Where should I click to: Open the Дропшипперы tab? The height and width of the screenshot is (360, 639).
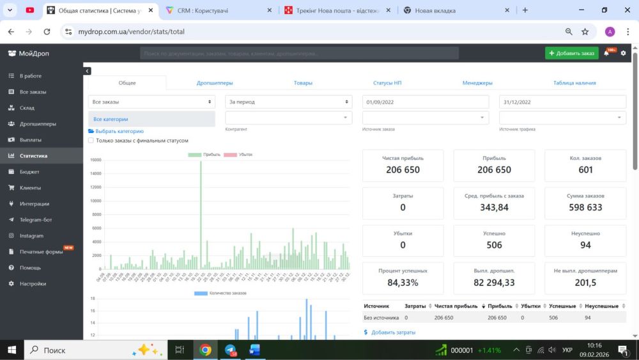click(215, 82)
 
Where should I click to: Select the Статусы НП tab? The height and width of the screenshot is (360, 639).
click(387, 82)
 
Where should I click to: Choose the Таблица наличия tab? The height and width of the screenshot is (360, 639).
click(574, 82)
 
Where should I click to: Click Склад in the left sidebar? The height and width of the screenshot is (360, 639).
click(27, 108)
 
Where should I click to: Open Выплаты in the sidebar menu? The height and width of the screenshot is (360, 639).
click(30, 140)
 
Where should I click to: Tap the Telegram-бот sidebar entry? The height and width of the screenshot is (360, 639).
click(36, 220)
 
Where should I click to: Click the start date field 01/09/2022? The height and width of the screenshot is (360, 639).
click(425, 102)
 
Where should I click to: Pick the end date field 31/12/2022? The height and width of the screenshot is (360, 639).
click(562, 102)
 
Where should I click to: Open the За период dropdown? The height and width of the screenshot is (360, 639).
click(288, 102)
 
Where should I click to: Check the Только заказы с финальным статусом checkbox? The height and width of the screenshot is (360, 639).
click(91, 141)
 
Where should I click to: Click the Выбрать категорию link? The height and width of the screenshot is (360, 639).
click(119, 131)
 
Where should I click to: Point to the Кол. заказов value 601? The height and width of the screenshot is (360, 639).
click(585, 170)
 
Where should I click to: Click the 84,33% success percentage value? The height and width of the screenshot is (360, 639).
click(403, 283)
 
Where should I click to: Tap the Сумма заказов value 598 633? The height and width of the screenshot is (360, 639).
click(585, 207)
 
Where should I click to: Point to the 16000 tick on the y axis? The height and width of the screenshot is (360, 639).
click(95, 160)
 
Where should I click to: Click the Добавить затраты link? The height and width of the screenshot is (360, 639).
click(393, 333)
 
